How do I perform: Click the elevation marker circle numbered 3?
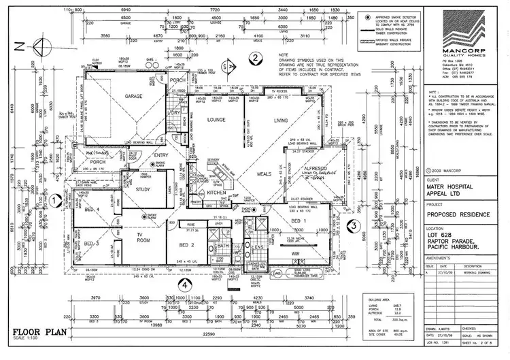[352, 227]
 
